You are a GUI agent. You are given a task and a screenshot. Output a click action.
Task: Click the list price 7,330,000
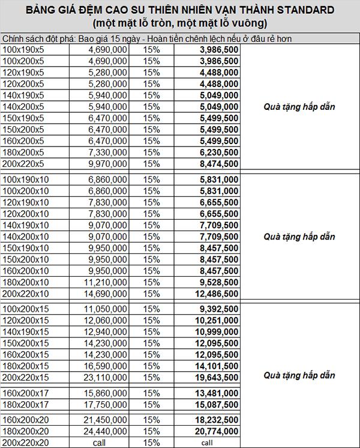(x=107, y=153)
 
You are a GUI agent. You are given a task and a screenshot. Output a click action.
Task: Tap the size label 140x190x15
(x=25, y=331)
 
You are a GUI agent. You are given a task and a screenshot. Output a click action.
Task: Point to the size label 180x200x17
(x=25, y=404)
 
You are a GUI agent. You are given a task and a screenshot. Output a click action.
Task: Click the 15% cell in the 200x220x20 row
(x=151, y=443)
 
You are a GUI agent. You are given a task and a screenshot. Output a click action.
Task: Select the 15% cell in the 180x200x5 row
(x=151, y=153)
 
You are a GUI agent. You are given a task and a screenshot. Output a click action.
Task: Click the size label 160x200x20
(x=25, y=420)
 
